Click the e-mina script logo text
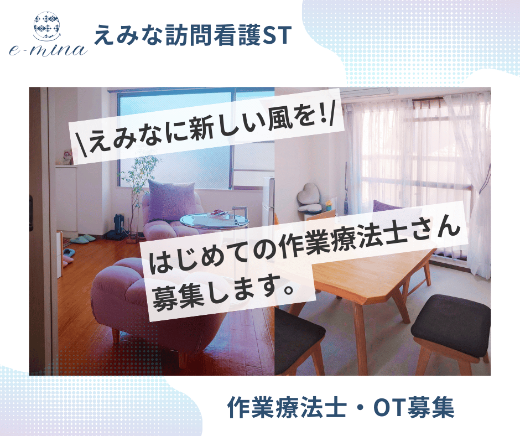coord(49,50)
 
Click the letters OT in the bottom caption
coord(389,407)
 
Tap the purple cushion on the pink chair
coord(170,200)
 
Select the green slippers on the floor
coord(82,238)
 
